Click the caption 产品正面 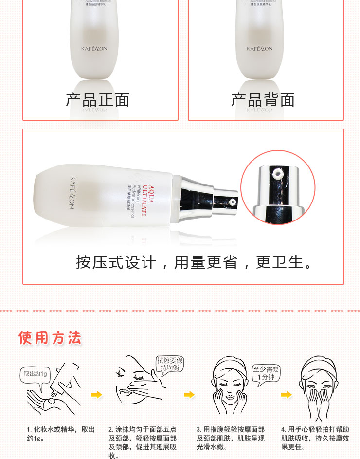(x=98, y=100)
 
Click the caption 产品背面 (x=263, y=100)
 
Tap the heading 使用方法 (x=50, y=338)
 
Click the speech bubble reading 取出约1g (x=36, y=374)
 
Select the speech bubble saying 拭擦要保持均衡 (x=170, y=365)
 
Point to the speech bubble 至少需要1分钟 (x=266, y=373)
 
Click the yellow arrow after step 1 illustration (x=97, y=395)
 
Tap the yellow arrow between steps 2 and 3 (x=189, y=395)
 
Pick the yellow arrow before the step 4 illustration (x=287, y=395)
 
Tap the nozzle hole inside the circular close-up (x=279, y=172)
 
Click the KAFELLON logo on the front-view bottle (x=94, y=49)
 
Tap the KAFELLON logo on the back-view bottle (x=259, y=49)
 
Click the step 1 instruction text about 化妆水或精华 (x=61, y=434)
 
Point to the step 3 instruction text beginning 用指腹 (x=231, y=438)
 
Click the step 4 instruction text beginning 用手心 (x=315, y=438)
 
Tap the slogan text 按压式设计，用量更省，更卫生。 (x=195, y=262)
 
